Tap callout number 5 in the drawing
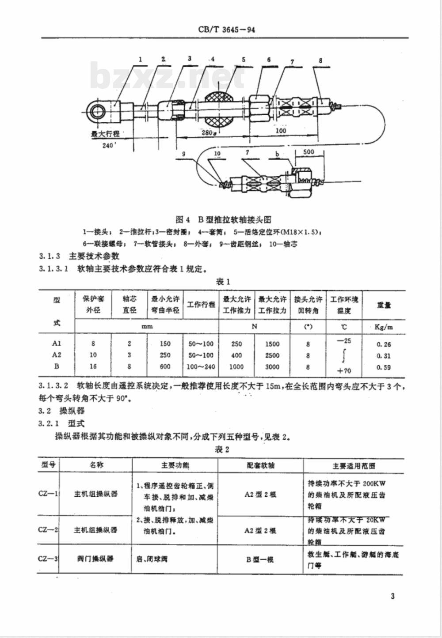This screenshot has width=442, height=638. click(x=244, y=60)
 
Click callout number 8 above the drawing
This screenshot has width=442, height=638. click(x=320, y=61)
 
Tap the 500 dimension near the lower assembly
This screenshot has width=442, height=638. click(x=308, y=152)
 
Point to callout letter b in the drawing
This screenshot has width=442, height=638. click(x=277, y=154)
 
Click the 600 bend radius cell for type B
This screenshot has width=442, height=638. click(x=165, y=366)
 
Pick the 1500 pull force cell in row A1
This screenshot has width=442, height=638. click(x=272, y=344)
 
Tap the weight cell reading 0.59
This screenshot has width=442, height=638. click(x=384, y=367)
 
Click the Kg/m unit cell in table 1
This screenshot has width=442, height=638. click(x=384, y=327)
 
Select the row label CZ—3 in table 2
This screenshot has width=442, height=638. click(x=48, y=559)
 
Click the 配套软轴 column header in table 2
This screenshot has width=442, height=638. click(x=261, y=465)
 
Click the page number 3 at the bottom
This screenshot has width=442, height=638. click(x=392, y=596)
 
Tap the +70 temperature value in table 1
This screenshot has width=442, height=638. click(x=344, y=371)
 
